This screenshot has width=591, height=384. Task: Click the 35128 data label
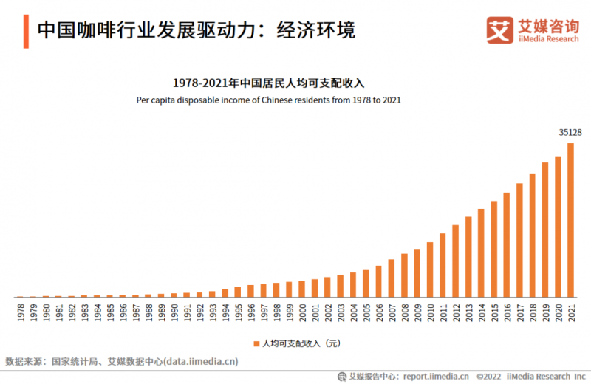[570, 132]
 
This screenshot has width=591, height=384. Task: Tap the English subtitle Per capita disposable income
[269, 100]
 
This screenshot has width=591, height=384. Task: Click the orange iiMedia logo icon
[499, 30]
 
